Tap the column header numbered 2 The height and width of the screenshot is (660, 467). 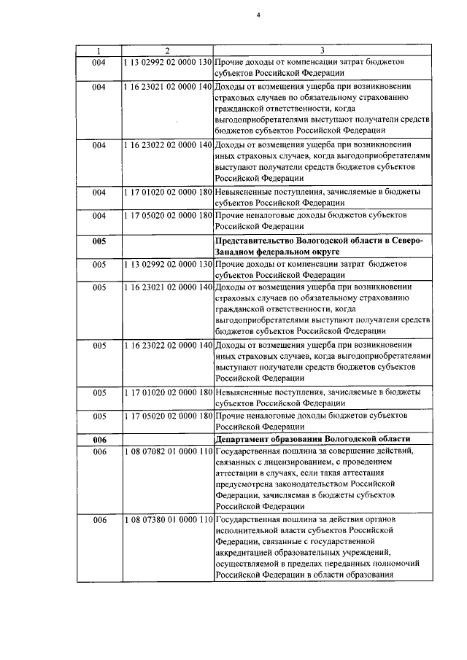coord(167,51)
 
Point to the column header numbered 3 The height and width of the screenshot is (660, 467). coord(323,51)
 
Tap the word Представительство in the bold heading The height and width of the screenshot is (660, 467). coord(255,241)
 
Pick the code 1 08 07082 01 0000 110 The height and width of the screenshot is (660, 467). coord(167,452)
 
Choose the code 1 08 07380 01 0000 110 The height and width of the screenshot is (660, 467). coord(167,520)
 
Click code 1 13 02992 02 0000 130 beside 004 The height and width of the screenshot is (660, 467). coord(167,62)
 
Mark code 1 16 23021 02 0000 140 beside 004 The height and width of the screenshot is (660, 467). coord(167,86)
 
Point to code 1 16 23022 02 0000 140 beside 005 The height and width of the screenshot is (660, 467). coord(167,345)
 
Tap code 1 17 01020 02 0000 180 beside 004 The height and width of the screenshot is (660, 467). coord(167,193)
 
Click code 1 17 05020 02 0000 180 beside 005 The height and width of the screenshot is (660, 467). coord(167,416)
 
